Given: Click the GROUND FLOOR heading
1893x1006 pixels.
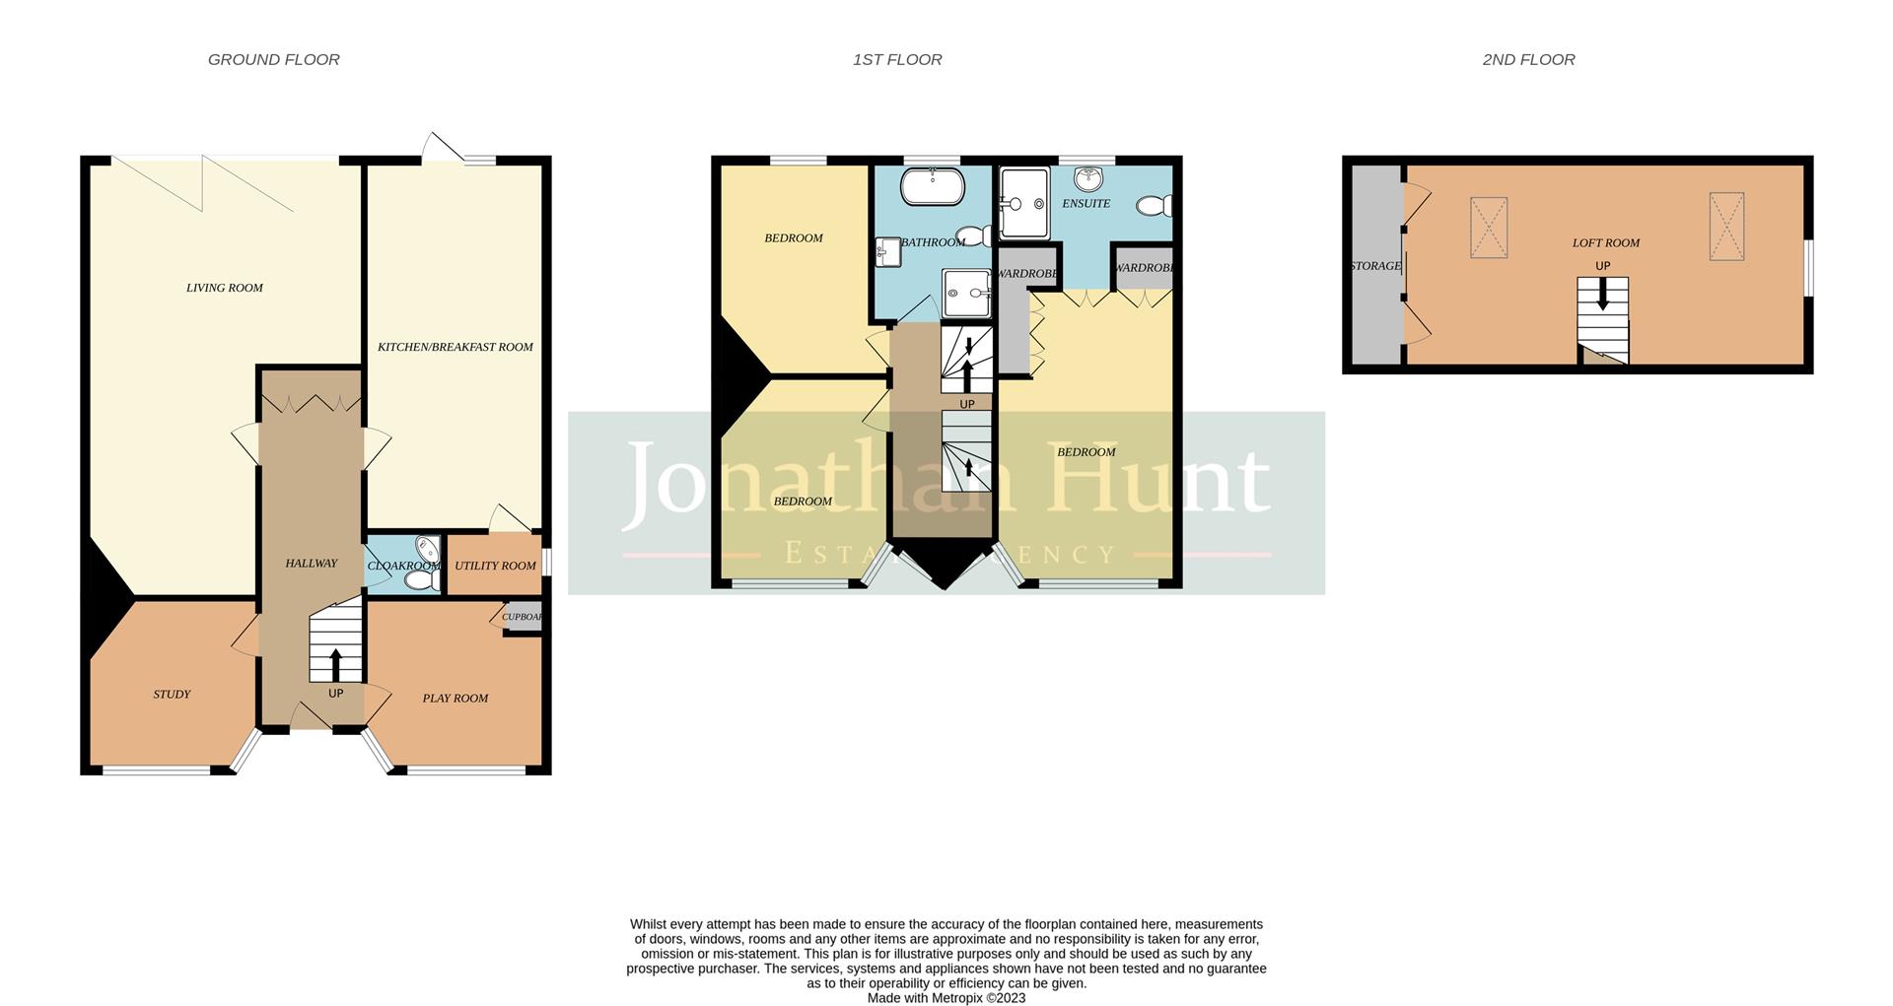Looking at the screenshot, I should pos(273,60).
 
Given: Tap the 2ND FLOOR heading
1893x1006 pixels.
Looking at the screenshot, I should pos(1528,60).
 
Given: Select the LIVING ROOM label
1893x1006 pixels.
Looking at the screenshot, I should pos(224,288).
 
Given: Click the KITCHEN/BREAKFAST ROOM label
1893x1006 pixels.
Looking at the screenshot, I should pos(455,347).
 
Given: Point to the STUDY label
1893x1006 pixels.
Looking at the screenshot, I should pos(172,695).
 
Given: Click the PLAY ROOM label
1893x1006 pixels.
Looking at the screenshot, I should pos(455,699).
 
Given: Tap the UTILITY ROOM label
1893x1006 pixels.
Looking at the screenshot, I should pos(495,566).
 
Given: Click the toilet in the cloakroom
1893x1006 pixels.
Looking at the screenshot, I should pos(422,580).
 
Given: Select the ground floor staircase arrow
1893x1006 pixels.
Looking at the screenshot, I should pos(335,665).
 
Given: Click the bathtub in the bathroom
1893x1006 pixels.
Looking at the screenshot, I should pos(932,185).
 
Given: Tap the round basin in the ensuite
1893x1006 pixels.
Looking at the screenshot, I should pos(1088,179).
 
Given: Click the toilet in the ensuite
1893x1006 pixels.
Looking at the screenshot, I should pos(1154,206).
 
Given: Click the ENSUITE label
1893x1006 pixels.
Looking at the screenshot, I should pos(1086,204).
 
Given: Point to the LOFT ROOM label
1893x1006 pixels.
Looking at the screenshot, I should pos(1605,243).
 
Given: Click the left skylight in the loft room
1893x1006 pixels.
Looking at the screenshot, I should pos(1489,228).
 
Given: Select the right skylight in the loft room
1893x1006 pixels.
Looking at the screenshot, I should pos(1726,226).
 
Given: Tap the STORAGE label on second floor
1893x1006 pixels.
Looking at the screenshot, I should pos(1374,266).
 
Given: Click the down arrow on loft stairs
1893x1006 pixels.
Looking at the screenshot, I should pos(1602,295).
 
